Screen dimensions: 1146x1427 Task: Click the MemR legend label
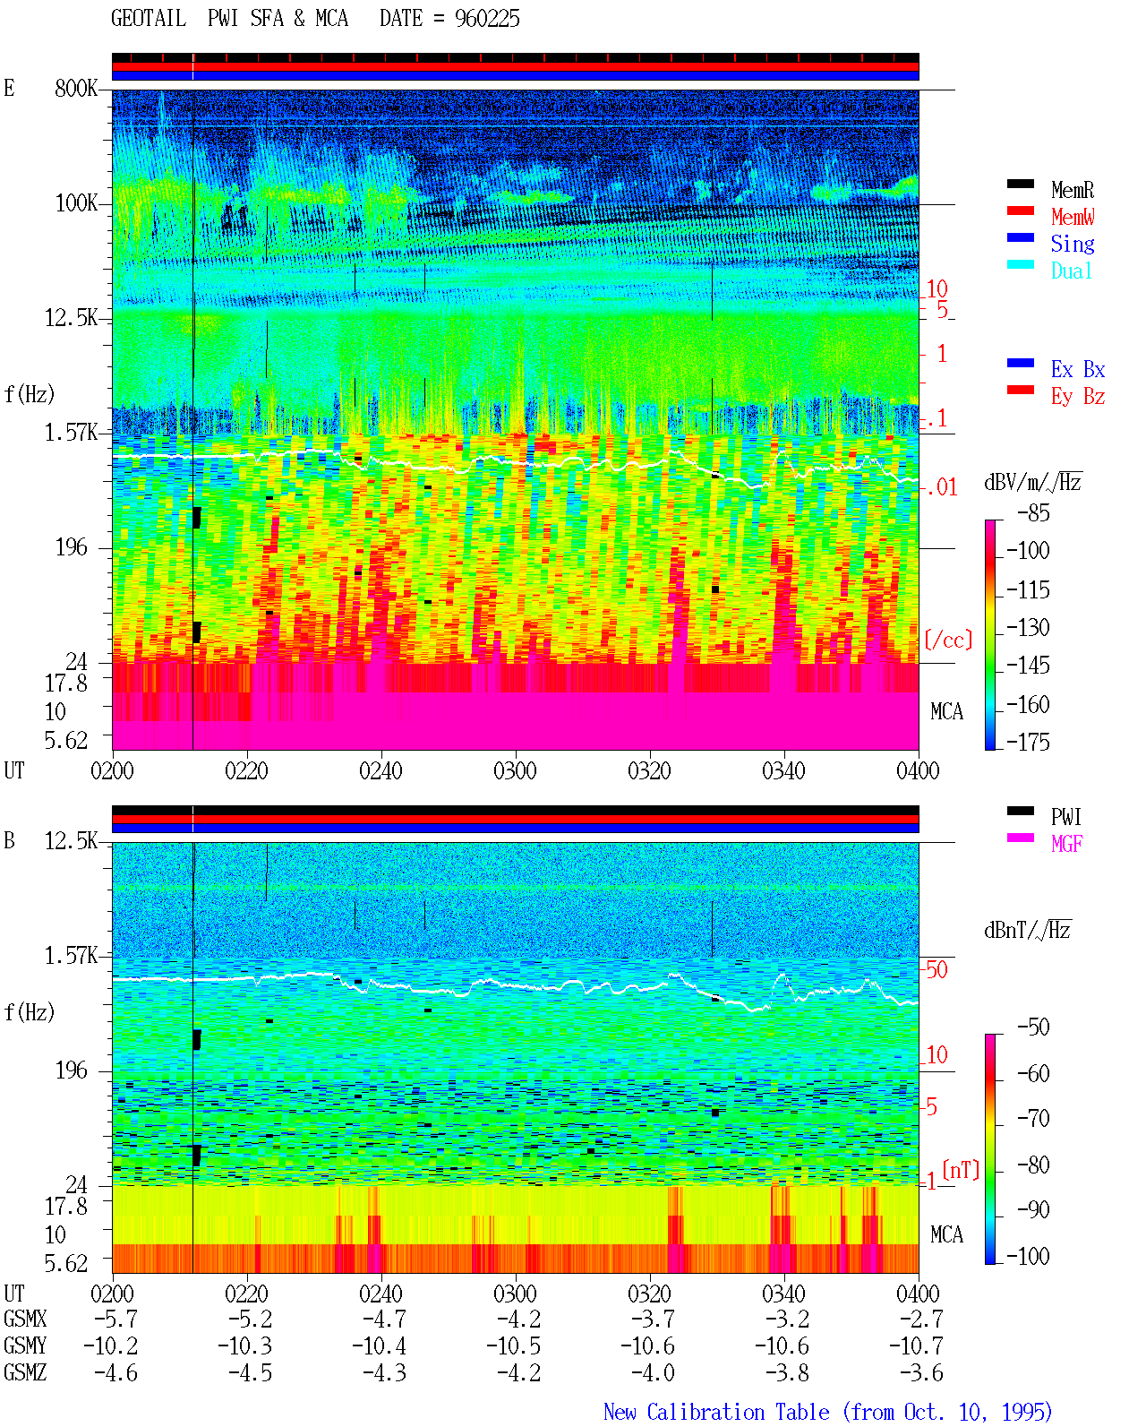[x=1072, y=190]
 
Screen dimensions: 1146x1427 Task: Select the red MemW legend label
[x=1072, y=217]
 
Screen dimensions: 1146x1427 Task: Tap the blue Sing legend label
[x=1072, y=244]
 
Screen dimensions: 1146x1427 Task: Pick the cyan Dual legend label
[x=1071, y=271]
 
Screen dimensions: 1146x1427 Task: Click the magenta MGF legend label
[x=1066, y=844]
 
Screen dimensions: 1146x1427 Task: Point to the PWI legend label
[x=1065, y=817]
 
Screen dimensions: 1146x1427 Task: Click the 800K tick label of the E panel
[x=76, y=88]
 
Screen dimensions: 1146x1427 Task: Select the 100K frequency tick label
[x=76, y=203]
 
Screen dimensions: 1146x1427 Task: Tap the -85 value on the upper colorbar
[x=1033, y=512]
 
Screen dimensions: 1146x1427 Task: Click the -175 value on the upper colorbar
[x=1028, y=742]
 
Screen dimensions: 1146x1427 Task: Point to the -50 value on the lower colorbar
[x=1033, y=1027]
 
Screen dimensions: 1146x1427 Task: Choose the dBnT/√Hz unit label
[x=1028, y=930]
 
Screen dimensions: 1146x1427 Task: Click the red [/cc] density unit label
[x=948, y=640]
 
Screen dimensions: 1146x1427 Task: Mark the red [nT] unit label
[x=961, y=1170]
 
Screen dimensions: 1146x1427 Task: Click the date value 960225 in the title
[x=487, y=19]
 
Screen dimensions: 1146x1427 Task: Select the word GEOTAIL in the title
[x=149, y=18]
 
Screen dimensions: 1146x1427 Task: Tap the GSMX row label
[x=25, y=1319]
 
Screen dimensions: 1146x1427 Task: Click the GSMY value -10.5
[x=514, y=1346]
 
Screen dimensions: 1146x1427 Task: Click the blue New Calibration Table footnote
[x=828, y=1413]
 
